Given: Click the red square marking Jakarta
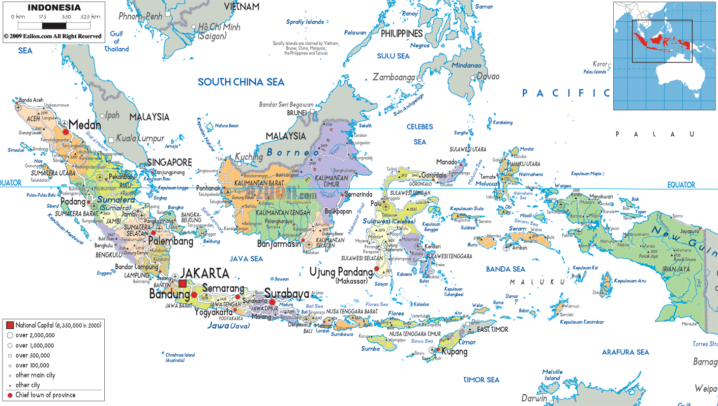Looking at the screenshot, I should click(182, 284).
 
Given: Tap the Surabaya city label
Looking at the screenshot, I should click(287, 294).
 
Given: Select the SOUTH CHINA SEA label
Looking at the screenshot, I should click(241, 82).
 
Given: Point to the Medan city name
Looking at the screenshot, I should click(85, 124).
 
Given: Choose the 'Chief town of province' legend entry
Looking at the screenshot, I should click(45, 395).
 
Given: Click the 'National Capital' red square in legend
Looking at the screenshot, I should click(10, 325).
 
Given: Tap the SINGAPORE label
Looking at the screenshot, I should click(169, 163).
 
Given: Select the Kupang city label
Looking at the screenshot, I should click(454, 352).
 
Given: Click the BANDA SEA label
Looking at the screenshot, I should click(505, 269).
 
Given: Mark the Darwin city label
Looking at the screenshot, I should click(534, 398).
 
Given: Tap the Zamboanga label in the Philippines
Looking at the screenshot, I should click(394, 77).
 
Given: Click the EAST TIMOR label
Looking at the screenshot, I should click(492, 329).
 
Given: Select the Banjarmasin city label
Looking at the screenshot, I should click(279, 243).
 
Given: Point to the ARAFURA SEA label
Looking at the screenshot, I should click(625, 352).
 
